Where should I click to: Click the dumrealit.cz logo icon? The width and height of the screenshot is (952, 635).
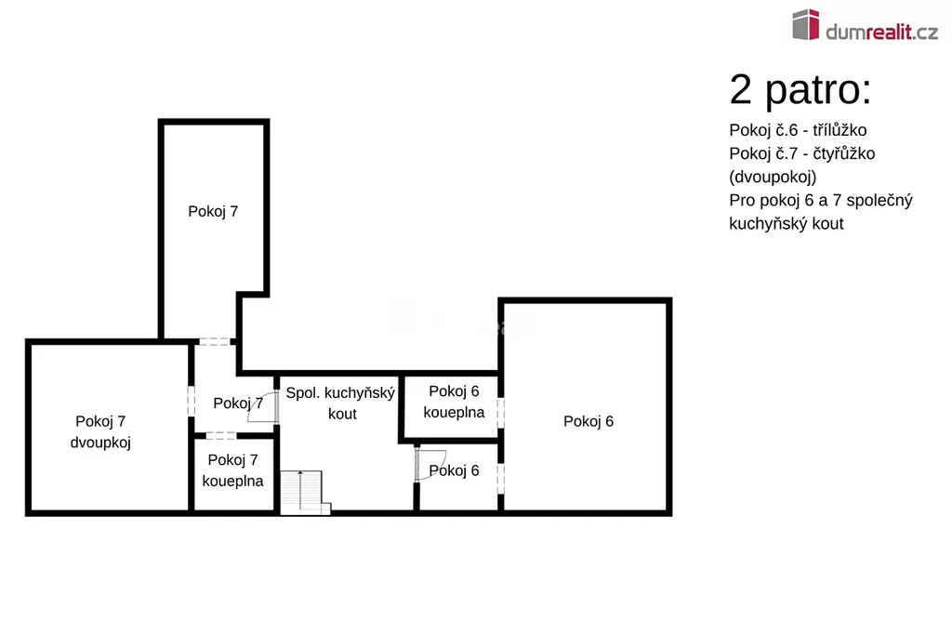[806, 24]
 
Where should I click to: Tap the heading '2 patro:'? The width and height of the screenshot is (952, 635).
[800, 90]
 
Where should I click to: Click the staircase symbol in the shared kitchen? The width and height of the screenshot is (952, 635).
[305, 493]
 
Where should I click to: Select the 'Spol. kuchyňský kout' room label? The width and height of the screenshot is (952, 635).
[340, 403]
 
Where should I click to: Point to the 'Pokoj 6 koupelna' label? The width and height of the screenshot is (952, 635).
[454, 402]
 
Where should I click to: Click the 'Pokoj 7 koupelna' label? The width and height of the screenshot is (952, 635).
[232, 470]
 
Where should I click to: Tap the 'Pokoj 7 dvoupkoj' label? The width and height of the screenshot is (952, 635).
[100, 431]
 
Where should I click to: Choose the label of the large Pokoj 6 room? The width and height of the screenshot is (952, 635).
[588, 421]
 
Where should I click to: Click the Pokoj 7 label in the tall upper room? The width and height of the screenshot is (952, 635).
[213, 211]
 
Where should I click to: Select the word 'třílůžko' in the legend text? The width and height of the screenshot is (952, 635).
[840, 130]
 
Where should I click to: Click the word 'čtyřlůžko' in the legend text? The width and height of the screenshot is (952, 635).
[844, 153]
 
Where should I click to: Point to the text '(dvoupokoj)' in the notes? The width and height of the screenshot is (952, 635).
[773, 178]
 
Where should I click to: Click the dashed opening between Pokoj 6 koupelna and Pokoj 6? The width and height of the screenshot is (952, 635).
[501, 412]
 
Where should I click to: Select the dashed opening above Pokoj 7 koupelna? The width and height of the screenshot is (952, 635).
[221, 435]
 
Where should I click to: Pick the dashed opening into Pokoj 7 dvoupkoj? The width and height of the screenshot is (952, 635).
[192, 402]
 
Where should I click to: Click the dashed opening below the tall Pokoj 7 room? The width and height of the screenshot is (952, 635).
[215, 342]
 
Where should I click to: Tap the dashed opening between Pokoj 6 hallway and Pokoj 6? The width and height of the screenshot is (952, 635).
[501, 479]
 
